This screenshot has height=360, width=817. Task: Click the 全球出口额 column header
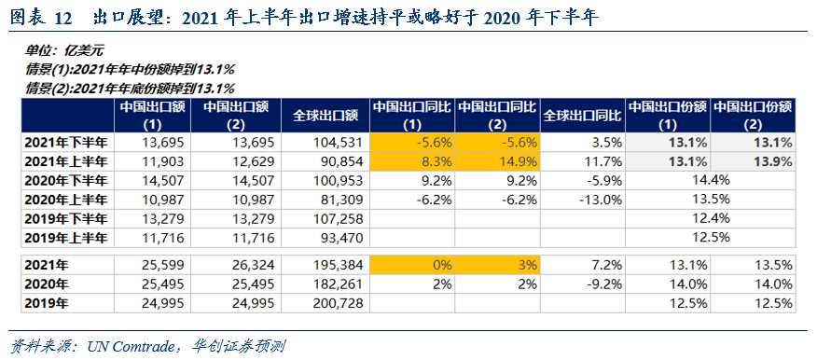point(325,116)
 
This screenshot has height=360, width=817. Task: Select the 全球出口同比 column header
point(582,116)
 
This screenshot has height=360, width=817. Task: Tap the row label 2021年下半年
point(65,143)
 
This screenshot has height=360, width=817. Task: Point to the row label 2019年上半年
point(65,238)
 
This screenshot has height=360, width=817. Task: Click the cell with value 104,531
point(338,143)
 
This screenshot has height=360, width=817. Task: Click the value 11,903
point(164,161)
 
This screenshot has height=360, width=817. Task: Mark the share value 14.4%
point(711,181)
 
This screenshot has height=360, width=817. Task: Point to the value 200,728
point(338,303)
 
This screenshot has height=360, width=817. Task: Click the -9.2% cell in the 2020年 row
point(606,284)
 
